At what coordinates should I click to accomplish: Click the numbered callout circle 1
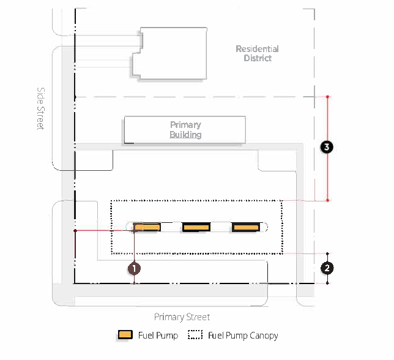(x=134, y=268)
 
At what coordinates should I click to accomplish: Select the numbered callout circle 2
(x=328, y=268)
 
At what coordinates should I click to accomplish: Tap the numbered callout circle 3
(x=328, y=148)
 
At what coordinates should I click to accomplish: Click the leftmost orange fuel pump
(x=147, y=228)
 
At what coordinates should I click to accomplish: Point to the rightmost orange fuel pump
(x=246, y=228)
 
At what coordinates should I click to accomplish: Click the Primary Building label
(x=185, y=130)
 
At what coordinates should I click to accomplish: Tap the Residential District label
(x=258, y=53)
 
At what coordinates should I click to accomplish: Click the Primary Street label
(x=182, y=317)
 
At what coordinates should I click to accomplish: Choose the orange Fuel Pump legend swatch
(x=125, y=335)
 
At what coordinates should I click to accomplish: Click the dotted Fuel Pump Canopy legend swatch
(x=195, y=335)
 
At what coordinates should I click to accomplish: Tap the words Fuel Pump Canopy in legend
(x=243, y=336)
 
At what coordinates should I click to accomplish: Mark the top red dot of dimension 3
(x=328, y=97)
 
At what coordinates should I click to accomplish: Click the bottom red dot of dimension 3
(x=328, y=200)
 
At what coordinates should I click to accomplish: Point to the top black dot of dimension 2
(x=328, y=253)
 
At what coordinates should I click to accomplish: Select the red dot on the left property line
(x=75, y=231)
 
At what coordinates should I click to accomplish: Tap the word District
(x=258, y=58)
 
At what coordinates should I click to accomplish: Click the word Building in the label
(x=185, y=135)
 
